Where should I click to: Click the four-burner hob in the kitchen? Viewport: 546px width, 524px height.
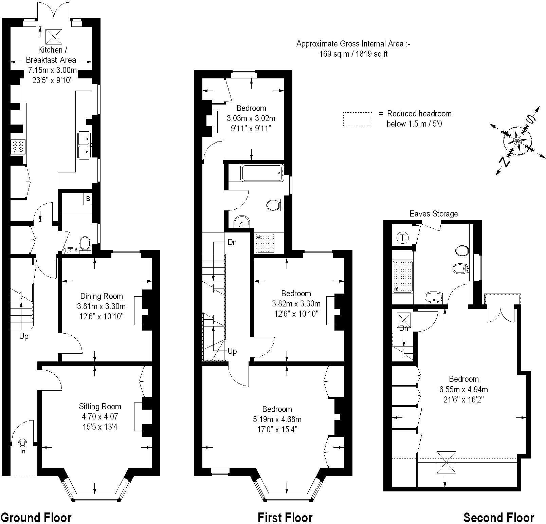(x=18, y=147)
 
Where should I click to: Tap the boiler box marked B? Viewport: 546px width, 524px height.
(x=88, y=199)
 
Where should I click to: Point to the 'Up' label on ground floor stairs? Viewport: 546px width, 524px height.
(x=23, y=336)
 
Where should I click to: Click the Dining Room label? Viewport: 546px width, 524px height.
(x=101, y=296)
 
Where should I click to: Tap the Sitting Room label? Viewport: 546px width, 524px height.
(x=100, y=406)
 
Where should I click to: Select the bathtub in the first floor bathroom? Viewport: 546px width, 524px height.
(x=262, y=173)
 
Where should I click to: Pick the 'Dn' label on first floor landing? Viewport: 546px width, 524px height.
(x=232, y=242)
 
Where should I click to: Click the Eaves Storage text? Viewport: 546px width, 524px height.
(x=433, y=213)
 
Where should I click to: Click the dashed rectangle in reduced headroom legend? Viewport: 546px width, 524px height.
(x=357, y=119)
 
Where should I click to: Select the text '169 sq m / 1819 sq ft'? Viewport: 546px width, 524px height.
(x=353, y=54)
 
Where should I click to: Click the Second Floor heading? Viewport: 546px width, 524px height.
(x=498, y=517)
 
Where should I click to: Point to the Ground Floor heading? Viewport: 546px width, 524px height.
(x=37, y=517)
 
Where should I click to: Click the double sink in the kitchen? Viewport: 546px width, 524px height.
(x=84, y=145)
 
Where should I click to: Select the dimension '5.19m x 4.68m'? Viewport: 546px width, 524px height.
(x=277, y=419)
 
